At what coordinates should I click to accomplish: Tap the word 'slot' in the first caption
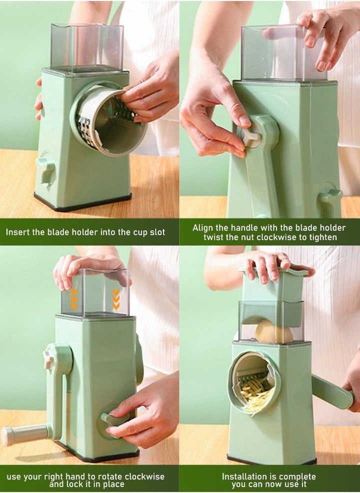[156, 232]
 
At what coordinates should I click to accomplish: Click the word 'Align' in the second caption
[203, 228]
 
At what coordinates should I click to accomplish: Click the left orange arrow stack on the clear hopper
[74, 298]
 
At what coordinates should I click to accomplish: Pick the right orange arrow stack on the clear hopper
[116, 298]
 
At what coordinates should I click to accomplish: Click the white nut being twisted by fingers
[251, 136]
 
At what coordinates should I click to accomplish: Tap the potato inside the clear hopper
[273, 332]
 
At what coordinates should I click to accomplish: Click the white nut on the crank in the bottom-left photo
[49, 358]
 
